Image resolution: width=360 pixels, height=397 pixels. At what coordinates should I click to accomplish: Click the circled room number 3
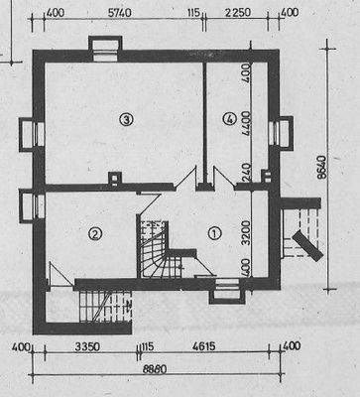tap(125, 120)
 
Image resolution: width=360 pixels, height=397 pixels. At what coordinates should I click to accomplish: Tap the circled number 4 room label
tap(230, 120)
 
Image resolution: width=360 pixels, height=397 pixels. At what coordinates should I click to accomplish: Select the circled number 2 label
tap(95, 234)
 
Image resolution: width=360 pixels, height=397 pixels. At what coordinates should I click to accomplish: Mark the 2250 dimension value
tap(236, 13)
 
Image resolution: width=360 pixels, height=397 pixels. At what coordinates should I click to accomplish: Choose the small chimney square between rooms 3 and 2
tap(117, 179)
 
